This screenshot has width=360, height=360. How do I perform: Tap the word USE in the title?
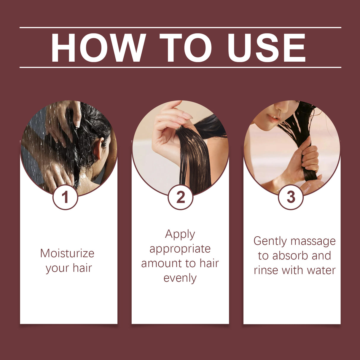[x=266, y=48]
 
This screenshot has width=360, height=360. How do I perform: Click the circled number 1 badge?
[x=65, y=197]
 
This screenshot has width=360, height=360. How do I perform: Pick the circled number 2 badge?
[x=180, y=197]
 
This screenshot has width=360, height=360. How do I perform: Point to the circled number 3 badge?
[x=291, y=197]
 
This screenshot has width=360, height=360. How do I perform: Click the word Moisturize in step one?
[x=67, y=254]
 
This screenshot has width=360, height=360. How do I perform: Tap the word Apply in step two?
[x=180, y=234]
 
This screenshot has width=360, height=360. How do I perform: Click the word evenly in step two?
[x=180, y=278]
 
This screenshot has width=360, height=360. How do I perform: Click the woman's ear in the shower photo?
[x=98, y=148]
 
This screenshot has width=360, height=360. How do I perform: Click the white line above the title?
[x=180, y=28]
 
